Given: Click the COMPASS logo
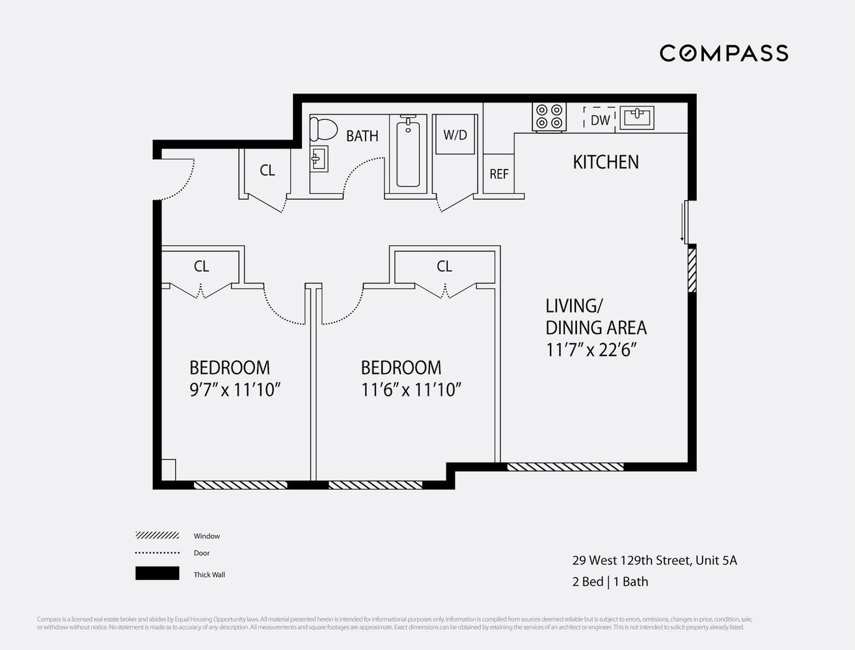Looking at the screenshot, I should click(x=724, y=53).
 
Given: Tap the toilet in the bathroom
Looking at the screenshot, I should click(x=323, y=129).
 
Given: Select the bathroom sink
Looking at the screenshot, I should click(x=319, y=158).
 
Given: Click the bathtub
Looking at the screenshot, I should click(x=408, y=153).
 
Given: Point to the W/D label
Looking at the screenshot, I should click(x=455, y=135).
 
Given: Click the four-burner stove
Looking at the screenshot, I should click(x=549, y=117).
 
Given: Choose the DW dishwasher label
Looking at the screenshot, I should click(x=600, y=120).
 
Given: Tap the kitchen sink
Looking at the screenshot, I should click(x=636, y=118).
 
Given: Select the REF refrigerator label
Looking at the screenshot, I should click(x=498, y=174).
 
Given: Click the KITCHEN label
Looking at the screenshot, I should click(x=605, y=162).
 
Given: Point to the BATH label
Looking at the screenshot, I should click(x=362, y=136).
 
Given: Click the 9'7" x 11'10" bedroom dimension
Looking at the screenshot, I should click(x=234, y=390).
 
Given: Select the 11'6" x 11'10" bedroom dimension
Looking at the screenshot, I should click(x=411, y=390).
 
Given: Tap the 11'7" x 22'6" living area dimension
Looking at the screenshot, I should click(x=590, y=350).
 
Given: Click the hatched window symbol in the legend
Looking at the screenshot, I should click(x=157, y=536).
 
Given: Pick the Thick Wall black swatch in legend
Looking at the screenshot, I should click(x=157, y=573).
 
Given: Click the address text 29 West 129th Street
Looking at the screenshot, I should click(x=654, y=560).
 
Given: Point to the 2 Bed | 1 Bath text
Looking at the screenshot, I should click(x=610, y=582).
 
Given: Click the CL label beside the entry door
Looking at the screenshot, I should click(x=267, y=170).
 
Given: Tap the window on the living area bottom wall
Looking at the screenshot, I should click(x=565, y=466).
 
